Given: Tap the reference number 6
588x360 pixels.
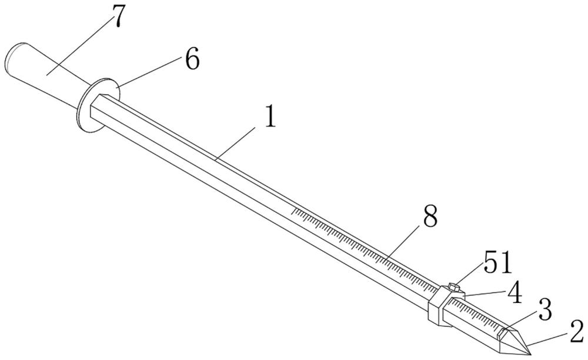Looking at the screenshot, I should pyautogui.click(x=192, y=59).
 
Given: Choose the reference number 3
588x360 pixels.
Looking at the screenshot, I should pyautogui.click(x=544, y=309).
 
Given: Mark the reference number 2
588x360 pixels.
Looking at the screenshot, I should pyautogui.click(x=576, y=331).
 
